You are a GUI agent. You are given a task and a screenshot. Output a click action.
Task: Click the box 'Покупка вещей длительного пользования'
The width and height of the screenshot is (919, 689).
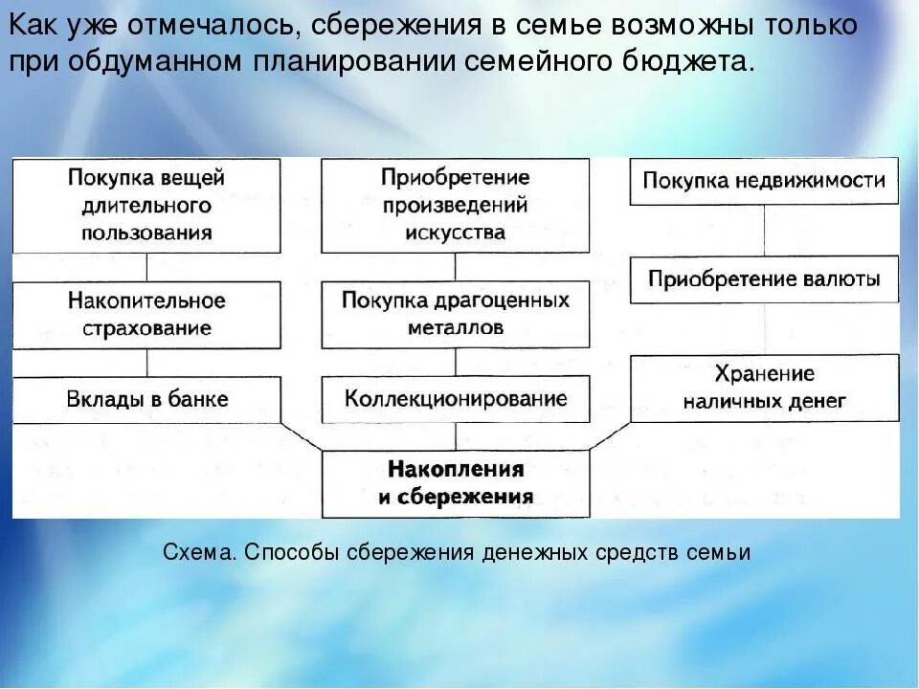146,205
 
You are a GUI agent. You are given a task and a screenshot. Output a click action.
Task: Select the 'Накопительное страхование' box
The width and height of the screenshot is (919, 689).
146,314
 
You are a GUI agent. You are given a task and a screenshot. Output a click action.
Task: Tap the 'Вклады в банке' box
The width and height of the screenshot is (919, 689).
146,399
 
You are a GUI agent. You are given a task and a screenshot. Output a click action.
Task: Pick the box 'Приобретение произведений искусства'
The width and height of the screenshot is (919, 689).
455,205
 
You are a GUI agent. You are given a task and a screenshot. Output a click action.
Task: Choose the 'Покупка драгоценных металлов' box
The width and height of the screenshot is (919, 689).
455,314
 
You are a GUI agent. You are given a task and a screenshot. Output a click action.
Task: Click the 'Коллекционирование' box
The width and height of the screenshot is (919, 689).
455,399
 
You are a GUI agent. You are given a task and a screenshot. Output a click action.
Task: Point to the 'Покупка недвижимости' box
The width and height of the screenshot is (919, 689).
764,181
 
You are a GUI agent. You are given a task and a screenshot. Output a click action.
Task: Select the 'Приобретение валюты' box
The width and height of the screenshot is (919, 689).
764,279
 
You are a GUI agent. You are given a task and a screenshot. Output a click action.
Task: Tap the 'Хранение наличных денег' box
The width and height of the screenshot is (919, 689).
764,388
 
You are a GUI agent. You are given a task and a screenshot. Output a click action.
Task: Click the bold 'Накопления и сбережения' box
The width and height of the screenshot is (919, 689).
455,483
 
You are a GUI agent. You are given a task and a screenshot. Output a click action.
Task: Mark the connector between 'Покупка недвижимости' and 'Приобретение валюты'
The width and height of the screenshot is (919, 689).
764,230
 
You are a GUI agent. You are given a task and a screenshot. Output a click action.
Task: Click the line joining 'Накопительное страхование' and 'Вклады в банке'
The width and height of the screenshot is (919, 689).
146,362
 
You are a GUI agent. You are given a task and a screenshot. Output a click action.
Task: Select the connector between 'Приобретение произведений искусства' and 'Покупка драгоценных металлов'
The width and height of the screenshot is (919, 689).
455,267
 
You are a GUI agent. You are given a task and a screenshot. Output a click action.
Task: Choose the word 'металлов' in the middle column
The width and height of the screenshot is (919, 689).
455,327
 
